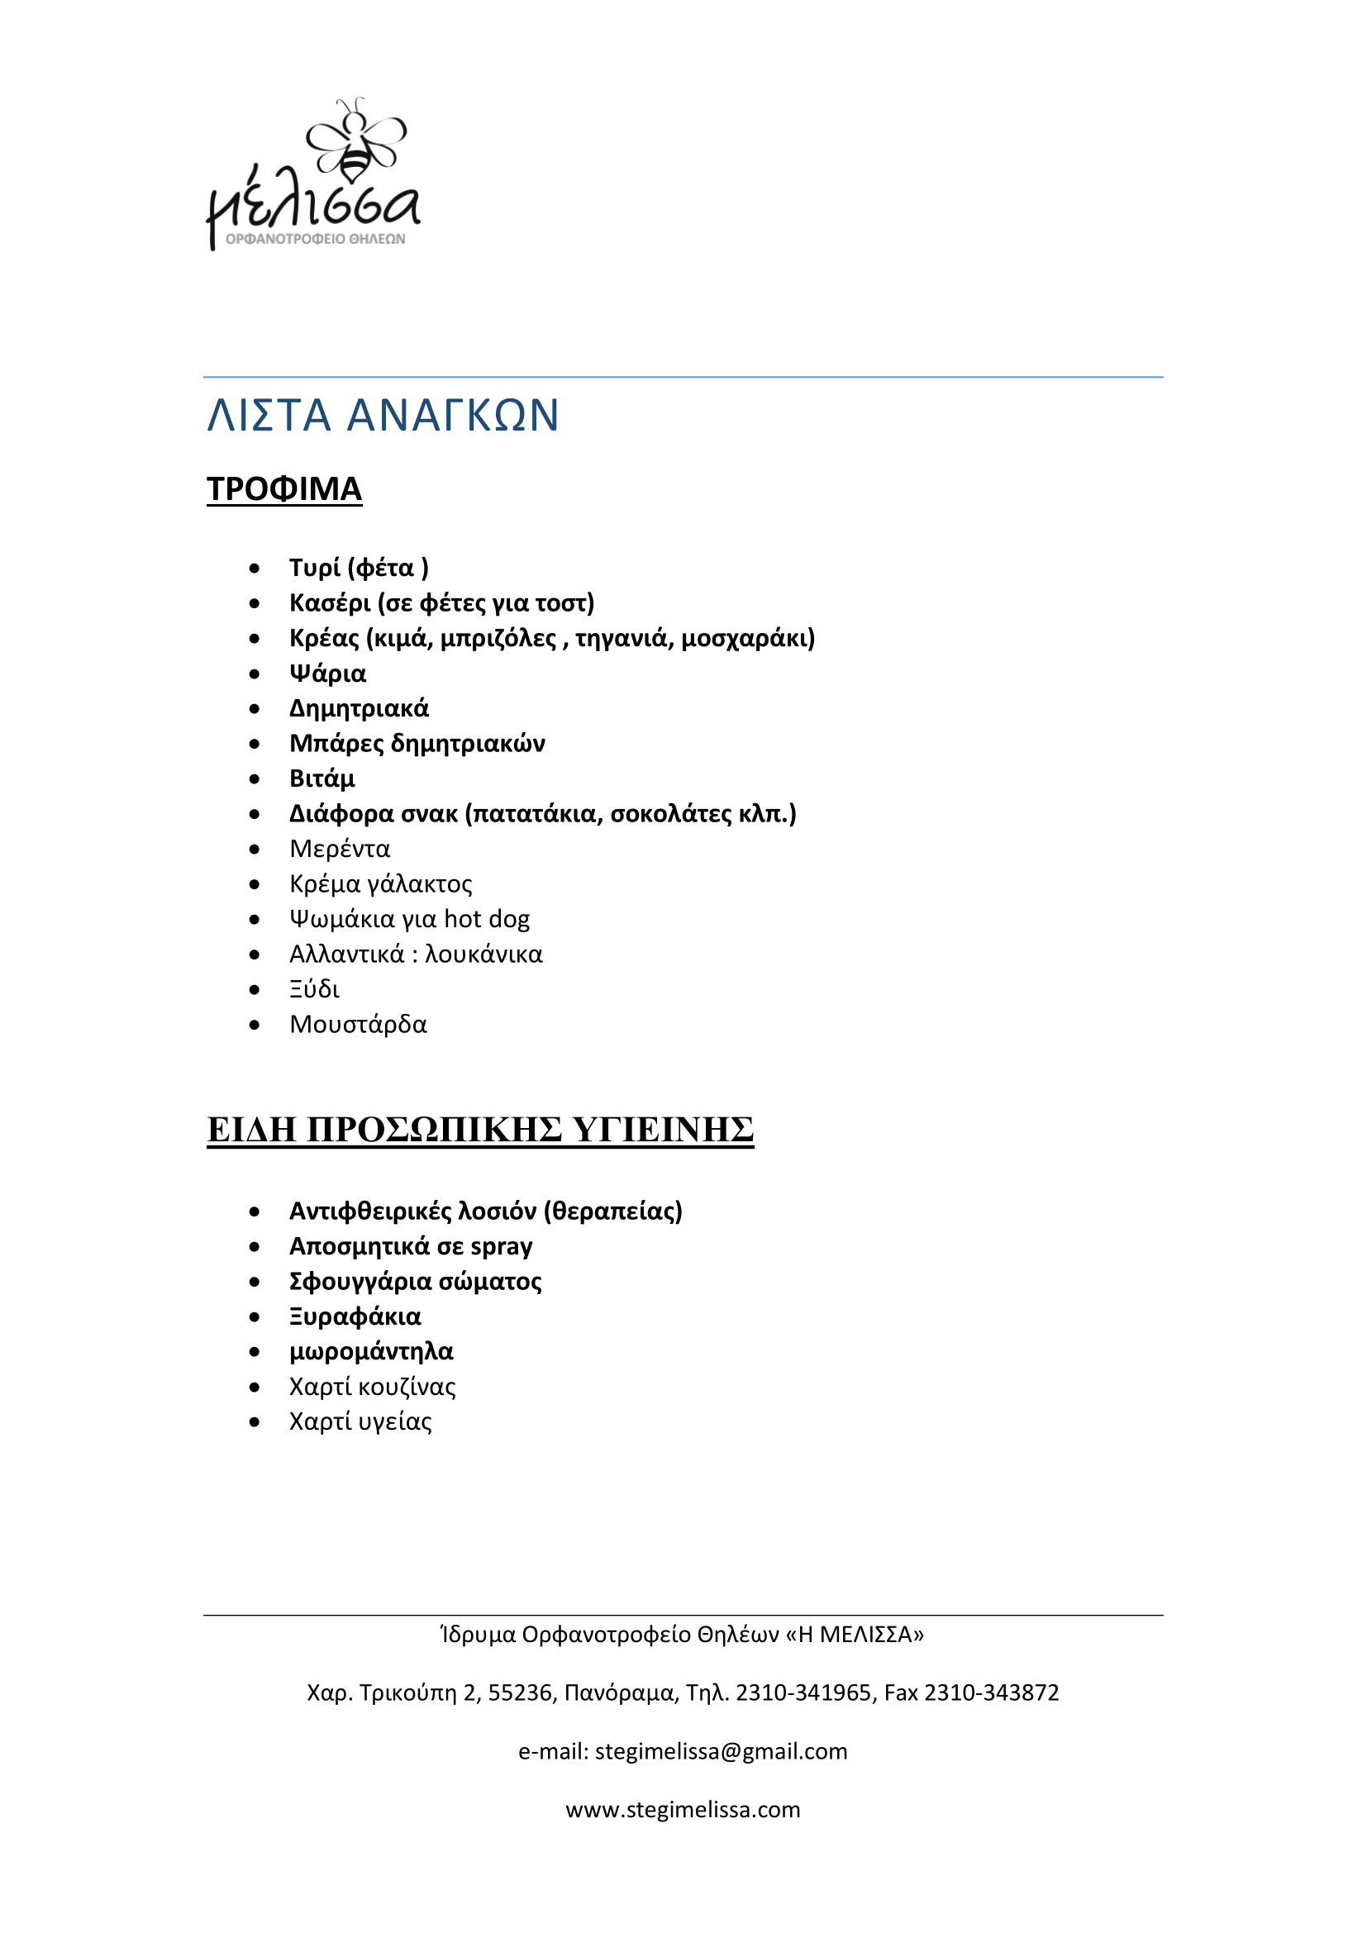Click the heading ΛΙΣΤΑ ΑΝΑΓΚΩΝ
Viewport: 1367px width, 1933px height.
point(383,415)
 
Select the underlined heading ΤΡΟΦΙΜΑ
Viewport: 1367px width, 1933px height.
point(284,489)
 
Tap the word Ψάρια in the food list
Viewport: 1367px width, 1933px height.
point(327,674)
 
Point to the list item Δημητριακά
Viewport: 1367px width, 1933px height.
point(359,709)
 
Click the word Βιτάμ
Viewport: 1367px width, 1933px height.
point(322,778)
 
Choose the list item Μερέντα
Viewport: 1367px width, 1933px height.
point(339,849)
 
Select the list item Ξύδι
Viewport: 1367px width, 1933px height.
point(314,989)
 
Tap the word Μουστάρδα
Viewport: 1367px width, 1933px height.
point(358,1025)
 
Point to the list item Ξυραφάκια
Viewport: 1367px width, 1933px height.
point(355,1316)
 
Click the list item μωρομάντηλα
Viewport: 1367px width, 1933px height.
point(370,1351)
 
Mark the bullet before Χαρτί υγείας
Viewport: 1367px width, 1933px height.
point(255,1422)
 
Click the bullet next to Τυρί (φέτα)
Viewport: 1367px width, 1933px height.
point(255,569)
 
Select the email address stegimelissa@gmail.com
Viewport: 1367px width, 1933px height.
point(721,1751)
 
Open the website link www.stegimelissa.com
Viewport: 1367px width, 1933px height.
point(683,1809)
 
